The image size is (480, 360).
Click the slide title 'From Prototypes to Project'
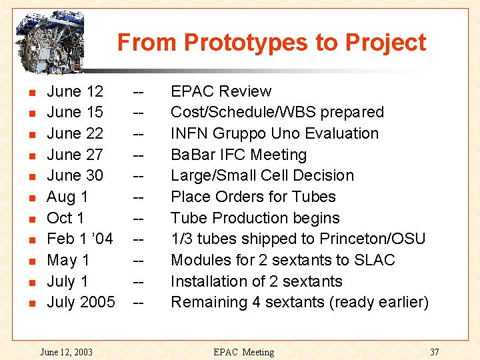271,43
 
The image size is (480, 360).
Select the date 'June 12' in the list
75,91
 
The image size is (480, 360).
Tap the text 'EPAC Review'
221,91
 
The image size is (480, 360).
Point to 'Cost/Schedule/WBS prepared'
277,112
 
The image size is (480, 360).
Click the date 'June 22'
75,133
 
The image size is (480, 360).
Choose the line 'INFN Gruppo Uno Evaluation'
274,133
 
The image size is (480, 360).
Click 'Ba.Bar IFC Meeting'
239,155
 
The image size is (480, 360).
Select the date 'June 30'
75,175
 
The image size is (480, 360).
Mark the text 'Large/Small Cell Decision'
262,175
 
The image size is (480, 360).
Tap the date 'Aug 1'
67,197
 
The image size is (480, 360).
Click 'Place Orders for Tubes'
253,197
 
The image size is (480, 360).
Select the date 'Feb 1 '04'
79,239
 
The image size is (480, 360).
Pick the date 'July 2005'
81,302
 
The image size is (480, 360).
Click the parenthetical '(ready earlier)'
379,302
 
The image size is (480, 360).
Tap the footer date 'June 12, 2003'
66,351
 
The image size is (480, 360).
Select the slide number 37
434,351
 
